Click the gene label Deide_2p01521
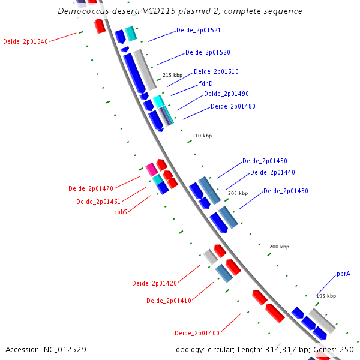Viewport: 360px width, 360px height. click(x=198, y=30)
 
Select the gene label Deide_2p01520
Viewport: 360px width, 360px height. click(x=208, y=52)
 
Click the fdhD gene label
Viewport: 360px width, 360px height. click(x=206, y=83)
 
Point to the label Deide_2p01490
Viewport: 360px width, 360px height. click(x=226, y=94)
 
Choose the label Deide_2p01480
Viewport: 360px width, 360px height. click(x=233, y=106)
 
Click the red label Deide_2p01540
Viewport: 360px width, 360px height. click(x=25, y=41)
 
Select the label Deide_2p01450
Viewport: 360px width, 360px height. click(x=265, y=161)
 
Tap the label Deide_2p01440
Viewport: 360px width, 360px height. click(x=272, y=172)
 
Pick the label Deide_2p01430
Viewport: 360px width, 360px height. click(x=286, y=191)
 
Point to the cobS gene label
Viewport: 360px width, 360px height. click(x=120, y=212)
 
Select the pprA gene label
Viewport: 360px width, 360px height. click(x=343, y=274)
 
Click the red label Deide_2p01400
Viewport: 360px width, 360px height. click(x=197, y=333)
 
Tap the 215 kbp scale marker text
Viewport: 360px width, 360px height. click(x=172, y=75)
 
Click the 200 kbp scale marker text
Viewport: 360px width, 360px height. click(x=279, y=247)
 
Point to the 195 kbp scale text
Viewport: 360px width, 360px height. click(x=326, y=296)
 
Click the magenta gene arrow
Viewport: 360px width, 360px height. click(x=152, y=169)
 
